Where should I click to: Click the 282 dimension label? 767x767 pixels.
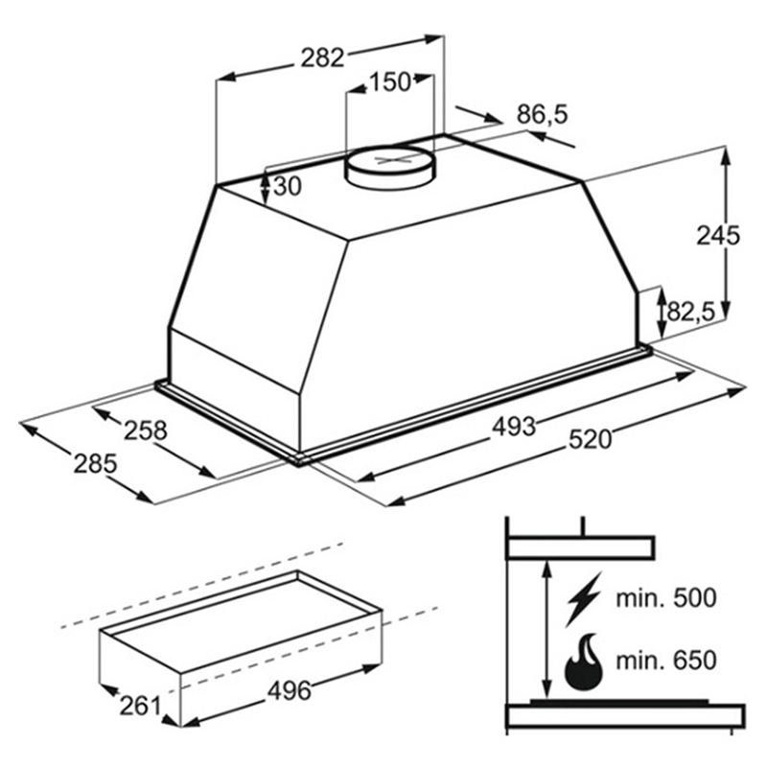coord(323,58)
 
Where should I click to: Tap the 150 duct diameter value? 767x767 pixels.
coord(390,82)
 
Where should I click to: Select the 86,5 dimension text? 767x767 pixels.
coord(543,115)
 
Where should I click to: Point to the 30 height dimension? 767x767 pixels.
coord(288,186)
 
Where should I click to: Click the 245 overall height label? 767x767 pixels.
coord(718,236)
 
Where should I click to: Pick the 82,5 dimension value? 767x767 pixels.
coord(691,312)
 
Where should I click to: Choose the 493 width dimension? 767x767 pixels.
coord(514,427)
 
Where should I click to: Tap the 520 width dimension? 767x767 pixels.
coord(590,439)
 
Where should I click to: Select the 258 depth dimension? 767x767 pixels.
coord(146,430)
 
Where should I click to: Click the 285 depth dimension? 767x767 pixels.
coord(95,464)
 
